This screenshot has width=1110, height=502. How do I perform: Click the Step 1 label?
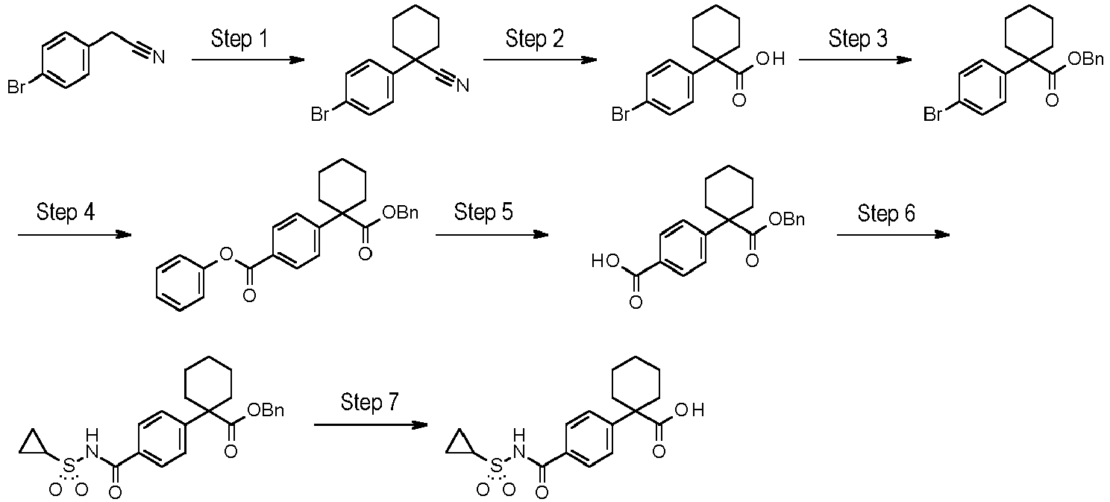pos(239,39)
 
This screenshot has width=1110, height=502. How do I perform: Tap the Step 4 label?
pos(66,212)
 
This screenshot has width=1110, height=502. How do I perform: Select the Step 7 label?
pos(370,402)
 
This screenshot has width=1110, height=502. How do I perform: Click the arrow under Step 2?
pos(540,60)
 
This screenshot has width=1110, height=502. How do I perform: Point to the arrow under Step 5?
pos(492,234)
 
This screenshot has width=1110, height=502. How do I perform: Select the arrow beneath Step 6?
pos(894,234)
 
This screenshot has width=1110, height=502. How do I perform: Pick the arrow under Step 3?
pos(856,60)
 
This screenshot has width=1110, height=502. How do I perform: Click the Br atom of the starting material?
pos(16,87)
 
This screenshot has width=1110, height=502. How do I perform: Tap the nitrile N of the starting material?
pos(159,58)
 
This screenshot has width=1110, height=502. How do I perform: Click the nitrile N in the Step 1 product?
pos(462,87)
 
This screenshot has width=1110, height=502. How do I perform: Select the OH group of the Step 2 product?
pos(771,60)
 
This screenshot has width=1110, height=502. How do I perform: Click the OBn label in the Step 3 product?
pos(1085,60)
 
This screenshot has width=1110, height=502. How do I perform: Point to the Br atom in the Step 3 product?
pos(933,115)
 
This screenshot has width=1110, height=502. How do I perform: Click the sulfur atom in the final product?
pos(495,466)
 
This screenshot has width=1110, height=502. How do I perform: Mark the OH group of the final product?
pos(690,410)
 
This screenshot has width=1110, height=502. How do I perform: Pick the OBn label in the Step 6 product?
pos(266,410)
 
